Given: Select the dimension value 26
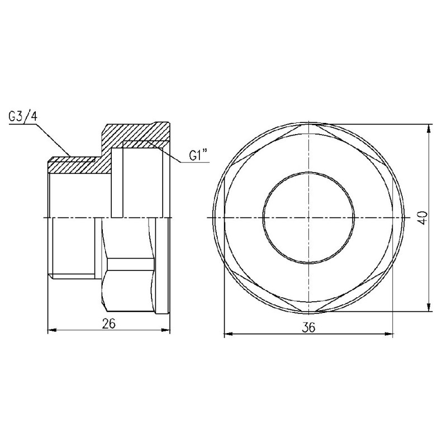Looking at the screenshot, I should click(x=109, y=322).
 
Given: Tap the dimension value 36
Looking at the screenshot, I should click(x=308, y=328).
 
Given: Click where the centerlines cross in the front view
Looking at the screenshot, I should click(x=308, y=217).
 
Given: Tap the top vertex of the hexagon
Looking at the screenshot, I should click(x=308, y=124).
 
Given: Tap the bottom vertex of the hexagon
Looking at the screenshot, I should click(x=308, y=311).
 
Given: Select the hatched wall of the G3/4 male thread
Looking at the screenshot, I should click(x=73, y=165).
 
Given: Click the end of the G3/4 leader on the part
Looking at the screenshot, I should click(x=69, y=155).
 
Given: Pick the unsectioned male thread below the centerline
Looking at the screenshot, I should click(x=73, y=246).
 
